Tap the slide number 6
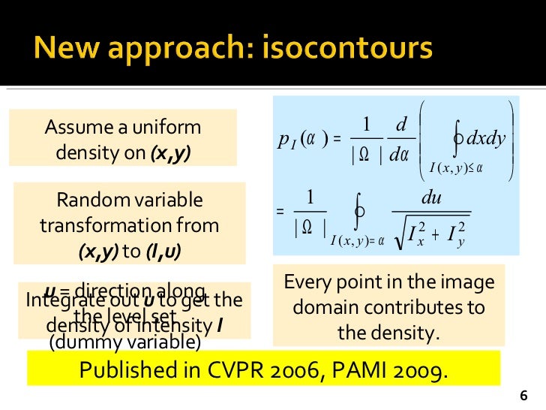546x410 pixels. point(523,396)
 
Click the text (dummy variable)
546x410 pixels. point(124,343)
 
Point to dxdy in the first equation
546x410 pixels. point(486,137)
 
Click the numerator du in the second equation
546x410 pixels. point(431,200)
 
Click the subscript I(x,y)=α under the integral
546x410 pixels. point(357,240)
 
